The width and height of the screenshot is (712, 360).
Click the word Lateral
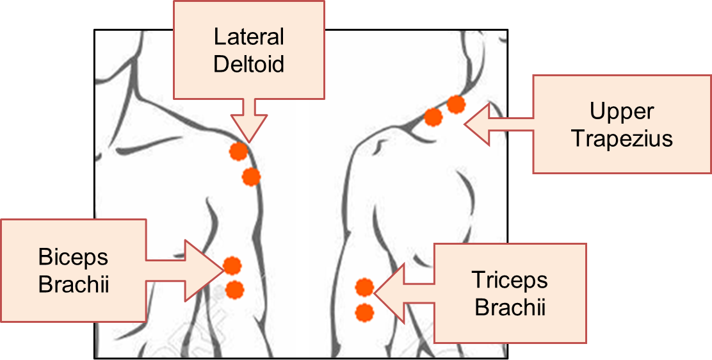249,37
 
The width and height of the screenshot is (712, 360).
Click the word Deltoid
249,64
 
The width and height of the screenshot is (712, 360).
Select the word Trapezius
622,138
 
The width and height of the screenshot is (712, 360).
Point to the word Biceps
74,258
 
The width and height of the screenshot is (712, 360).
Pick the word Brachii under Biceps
74,284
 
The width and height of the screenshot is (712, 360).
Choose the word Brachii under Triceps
510,307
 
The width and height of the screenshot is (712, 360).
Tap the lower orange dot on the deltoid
252,176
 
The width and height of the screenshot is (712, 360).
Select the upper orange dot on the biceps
232,265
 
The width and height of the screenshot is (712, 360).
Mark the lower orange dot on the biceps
236,290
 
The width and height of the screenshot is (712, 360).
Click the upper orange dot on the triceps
364,287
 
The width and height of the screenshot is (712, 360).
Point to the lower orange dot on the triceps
364,313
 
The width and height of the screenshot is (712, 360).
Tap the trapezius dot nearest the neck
455,104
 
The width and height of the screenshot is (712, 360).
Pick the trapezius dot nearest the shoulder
433,117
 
